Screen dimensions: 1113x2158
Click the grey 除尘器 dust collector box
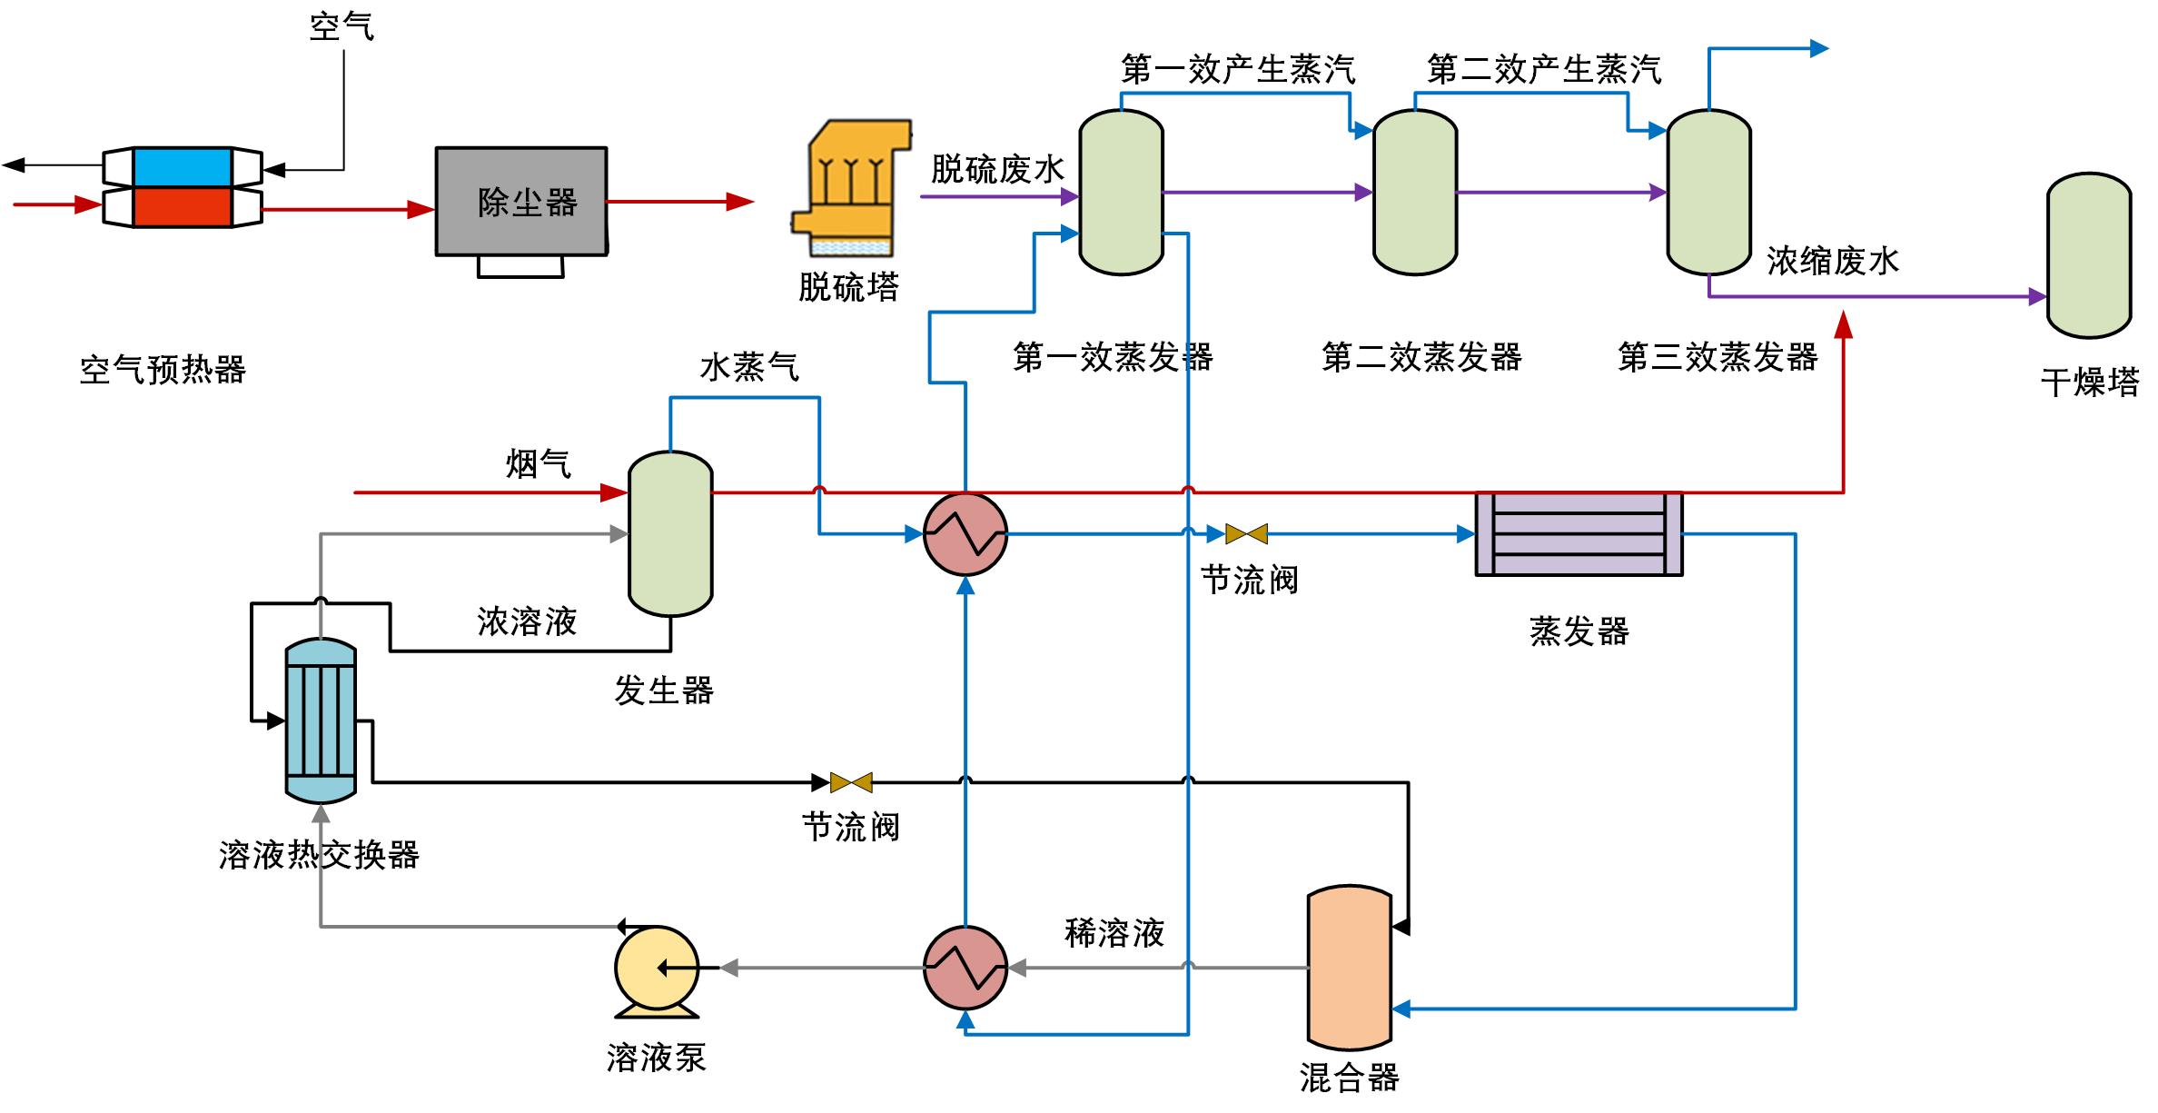coord(520,201)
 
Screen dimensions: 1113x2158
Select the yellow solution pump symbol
coord(656,969)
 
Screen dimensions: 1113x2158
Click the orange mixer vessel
coord(1349,968)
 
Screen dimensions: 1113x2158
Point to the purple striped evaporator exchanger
coord(1579,534)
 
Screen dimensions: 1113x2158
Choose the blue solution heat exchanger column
coord(321,720)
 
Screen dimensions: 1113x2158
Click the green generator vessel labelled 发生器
coord(670,533)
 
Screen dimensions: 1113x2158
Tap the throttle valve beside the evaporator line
coord(1246,534)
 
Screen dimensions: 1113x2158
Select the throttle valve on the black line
coord(851,782)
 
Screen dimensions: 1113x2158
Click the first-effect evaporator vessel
coord(1121,193)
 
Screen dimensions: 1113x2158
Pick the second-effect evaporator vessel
coord(1414,193)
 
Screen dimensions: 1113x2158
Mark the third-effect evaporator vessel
coord(1708,193)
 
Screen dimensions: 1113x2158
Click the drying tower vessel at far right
coord(2089,256)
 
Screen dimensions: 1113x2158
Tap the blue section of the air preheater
coord(182,167)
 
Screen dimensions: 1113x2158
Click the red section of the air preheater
coord(182,207)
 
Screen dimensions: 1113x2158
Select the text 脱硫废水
coord(997,169)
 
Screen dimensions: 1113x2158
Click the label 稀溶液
coord(1114,933)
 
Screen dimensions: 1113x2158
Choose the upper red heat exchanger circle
coord(965,534)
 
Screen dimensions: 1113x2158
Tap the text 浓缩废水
coord(1833,261)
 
